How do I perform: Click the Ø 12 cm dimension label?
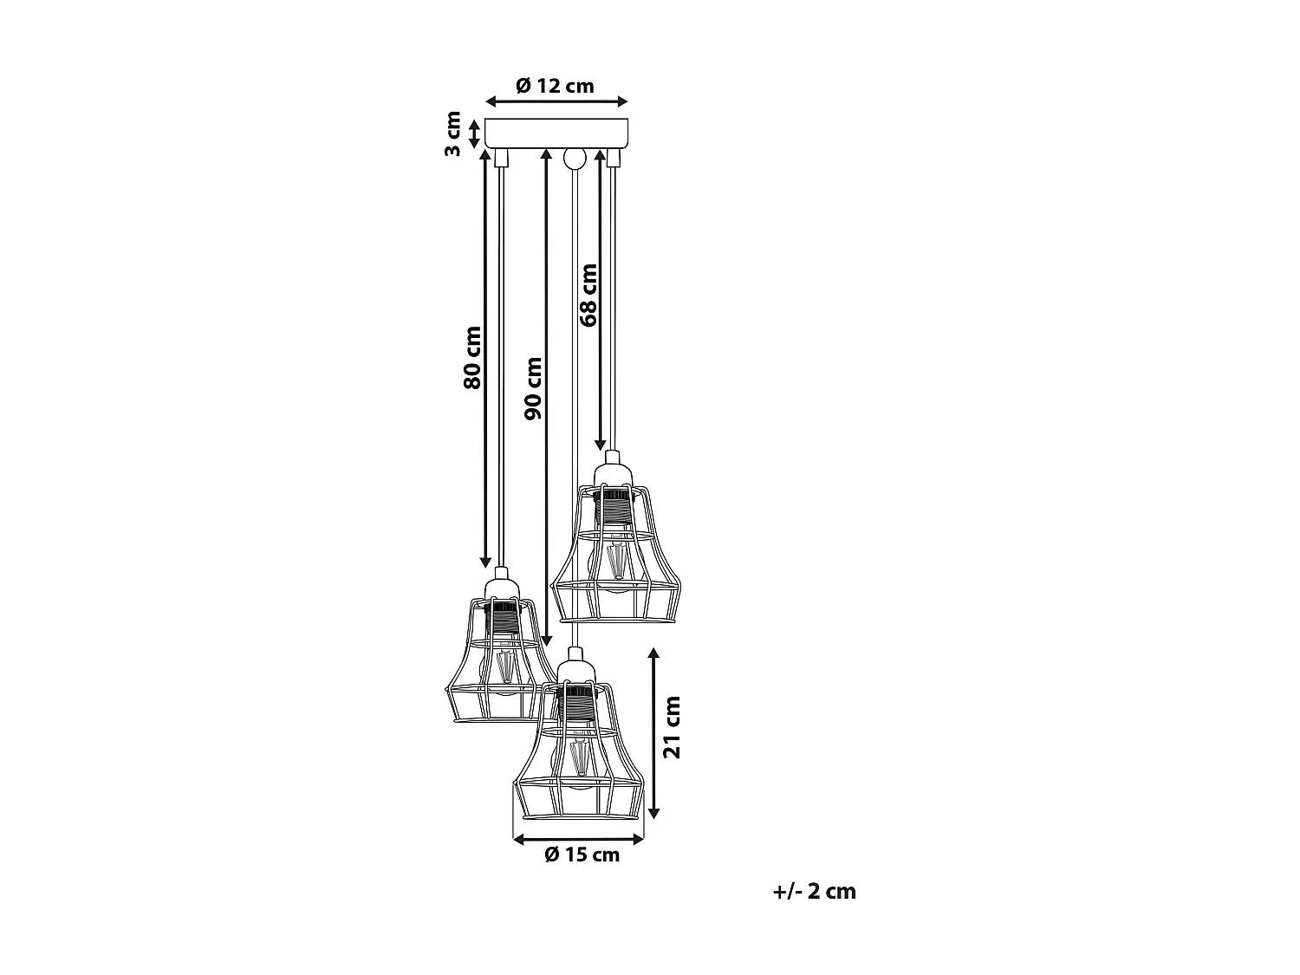pos(555,86)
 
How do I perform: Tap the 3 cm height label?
pos(452,134)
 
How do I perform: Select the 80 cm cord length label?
pos(471,357)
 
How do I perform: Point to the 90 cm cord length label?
pos(533,388)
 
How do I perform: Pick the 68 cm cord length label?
pos(588,295)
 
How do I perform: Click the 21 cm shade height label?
pos(672,726)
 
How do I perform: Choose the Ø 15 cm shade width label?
pos(582,855)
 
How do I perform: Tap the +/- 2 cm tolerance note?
pos(814,891)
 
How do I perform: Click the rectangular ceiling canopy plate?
pos(556,133)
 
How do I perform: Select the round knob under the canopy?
pos(574,159)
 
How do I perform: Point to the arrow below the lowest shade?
pos(578,838)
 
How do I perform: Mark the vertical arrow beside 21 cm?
pos(654,732)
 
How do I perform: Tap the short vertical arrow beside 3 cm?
pos(474,133)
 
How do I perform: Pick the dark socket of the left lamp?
pos(500,618)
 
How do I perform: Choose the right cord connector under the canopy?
pos(614,158)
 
